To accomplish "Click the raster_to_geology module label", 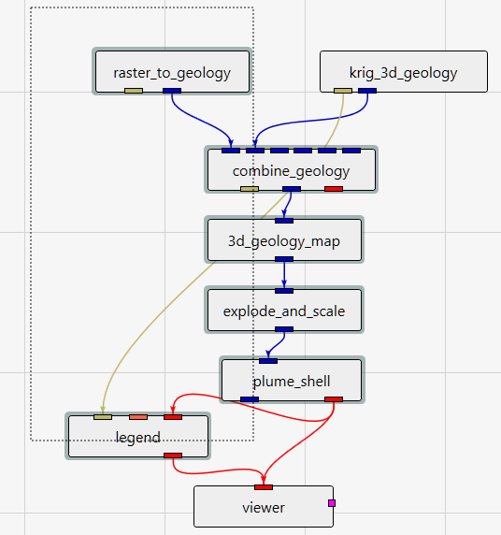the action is tap(172, 73).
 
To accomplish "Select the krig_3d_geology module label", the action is tap(404, 73).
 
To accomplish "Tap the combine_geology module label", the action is tap(292, 171).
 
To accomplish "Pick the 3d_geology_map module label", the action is tap(284, 241).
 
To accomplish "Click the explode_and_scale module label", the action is tap(284, 311).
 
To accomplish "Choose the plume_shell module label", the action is tap(292, 382).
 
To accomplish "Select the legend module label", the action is tap(138, 438).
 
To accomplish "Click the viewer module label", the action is tap(264, 508).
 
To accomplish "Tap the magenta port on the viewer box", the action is tap(332, 503).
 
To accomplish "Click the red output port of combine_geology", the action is tap(334, 189).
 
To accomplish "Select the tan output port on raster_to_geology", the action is tap(134, 91).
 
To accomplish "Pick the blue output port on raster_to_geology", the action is tap(172, 91).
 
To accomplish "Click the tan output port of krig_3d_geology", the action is tap(343, 91).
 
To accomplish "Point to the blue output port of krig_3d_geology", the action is tap(367, 91).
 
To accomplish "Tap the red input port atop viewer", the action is tap(264, 487).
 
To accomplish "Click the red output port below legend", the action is tap(173, 455).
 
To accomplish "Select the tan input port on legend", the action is tap(103, 417).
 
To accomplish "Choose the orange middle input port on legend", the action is tap(138, 417).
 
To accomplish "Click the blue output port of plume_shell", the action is tap(250, 399).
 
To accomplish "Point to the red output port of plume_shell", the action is tap(334, 399).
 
